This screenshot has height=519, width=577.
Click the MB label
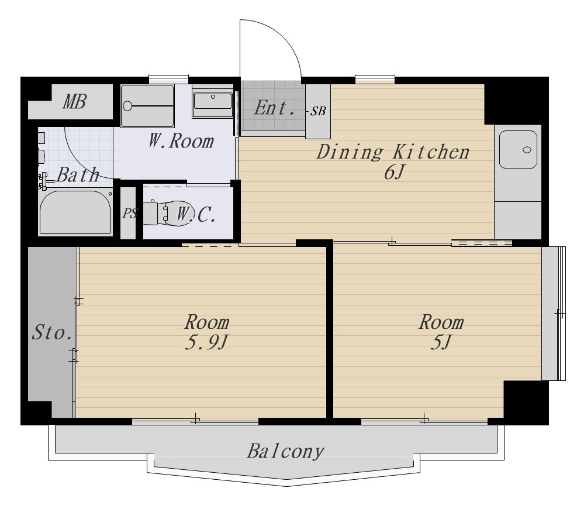(x=75, y=102)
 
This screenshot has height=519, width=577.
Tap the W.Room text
(x=181, y=141)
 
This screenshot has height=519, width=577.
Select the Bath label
(x=78, y=174)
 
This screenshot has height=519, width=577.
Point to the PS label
(x=130, y=213)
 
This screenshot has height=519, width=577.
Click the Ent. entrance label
(x=274, y=108)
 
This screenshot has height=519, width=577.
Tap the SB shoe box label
(x=318, y=111)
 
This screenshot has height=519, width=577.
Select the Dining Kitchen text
(x=393, y=152)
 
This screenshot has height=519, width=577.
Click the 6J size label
(x=394, y=172)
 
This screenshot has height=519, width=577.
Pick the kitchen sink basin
(x=518, y=150)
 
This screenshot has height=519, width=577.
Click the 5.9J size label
(x=206, y=342)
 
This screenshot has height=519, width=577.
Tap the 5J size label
(x=440, y=342)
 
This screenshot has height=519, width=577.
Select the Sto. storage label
(x=51, y=332)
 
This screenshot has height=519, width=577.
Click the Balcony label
(x=285, y=451)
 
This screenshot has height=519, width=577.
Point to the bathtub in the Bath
(x=75, y=212)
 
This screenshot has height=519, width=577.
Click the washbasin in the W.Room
(x=213, y=101)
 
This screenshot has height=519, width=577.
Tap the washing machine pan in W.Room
(x=147, y=106)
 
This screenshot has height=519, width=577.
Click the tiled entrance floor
(x=273, y=105)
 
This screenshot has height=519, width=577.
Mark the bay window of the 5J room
(x=554, y=313)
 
